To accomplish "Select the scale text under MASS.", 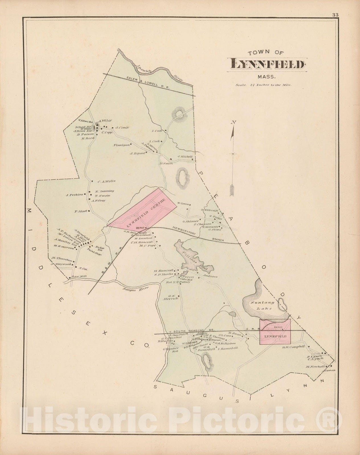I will pyautogui.click(x=263, y=85).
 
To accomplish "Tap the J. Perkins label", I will pyautogui.click(x=75, y=195).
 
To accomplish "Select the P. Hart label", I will pyautogui.click(x=80, y=211).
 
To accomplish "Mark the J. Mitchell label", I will pyautogui.click(x=185, y=156).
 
